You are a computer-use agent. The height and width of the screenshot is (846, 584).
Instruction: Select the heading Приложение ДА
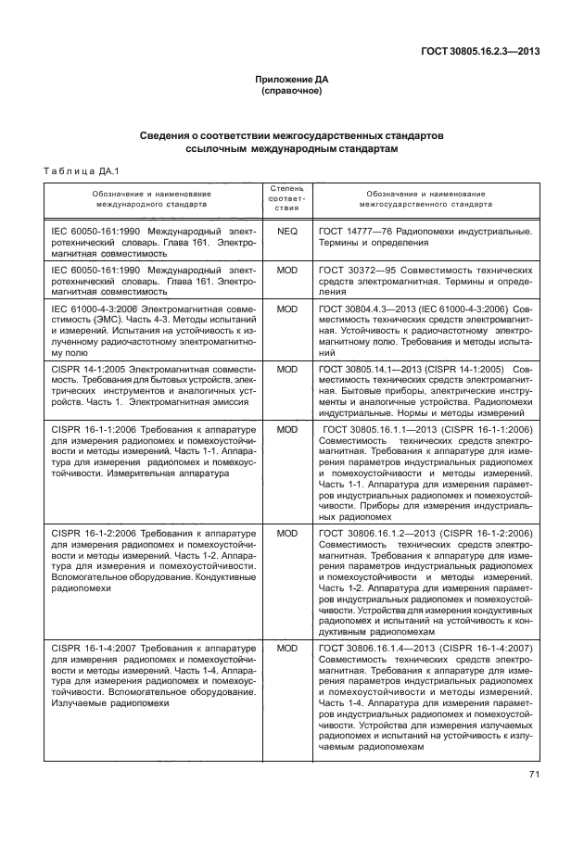coord(291,80)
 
